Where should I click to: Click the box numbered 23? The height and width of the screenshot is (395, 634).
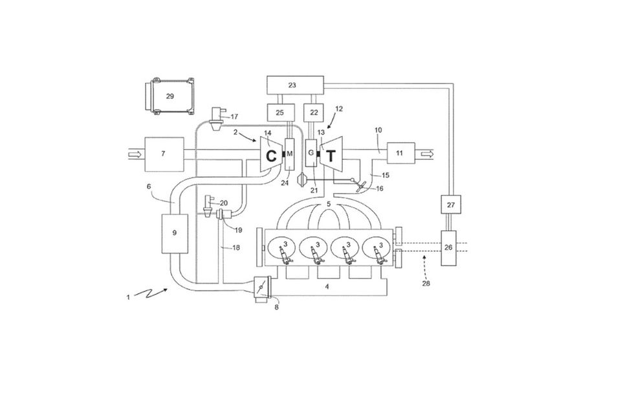pos(295,85)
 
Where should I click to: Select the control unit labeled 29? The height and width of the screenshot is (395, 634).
pos(169,96)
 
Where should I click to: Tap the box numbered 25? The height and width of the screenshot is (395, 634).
pos(279,113)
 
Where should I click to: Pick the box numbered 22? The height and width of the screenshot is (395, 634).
pos(314,113)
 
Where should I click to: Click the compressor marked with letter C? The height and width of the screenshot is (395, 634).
pos(270,155)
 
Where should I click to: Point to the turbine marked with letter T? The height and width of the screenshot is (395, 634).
pos(331,155)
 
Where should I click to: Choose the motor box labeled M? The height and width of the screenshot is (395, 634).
pos(290,154)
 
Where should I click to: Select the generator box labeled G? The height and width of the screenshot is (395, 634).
pos(311,153)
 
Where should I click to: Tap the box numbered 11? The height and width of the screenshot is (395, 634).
pos(400,153)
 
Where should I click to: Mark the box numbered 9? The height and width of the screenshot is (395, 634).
pos(175,234)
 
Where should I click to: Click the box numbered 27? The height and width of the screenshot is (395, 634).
pos(451,205)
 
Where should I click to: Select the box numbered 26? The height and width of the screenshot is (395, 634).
pos(448,247)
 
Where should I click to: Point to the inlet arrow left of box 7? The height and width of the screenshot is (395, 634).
pos(135,154)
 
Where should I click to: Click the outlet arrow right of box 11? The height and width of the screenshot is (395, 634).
pos(428,154)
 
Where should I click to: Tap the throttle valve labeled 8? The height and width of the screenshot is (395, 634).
pos(261,288)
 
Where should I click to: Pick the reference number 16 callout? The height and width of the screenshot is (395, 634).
pos(380,188)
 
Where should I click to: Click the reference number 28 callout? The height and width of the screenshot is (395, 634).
pos(426,284)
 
